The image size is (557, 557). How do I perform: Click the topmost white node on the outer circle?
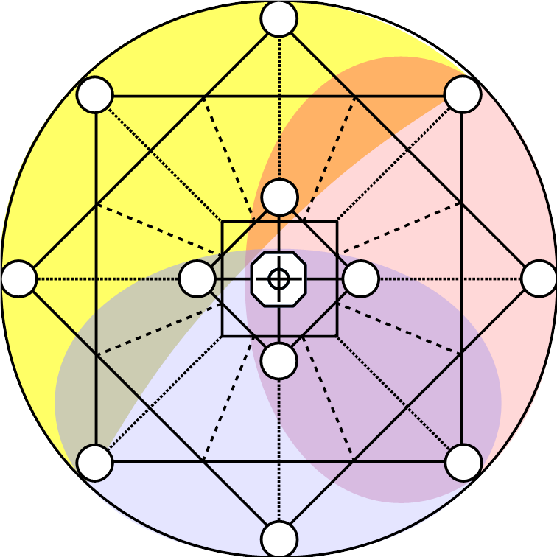tap(279, 18)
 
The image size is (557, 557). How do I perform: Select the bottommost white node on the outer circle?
tap(279, 539)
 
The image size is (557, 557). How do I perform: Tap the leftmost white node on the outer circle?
tap(19, 278)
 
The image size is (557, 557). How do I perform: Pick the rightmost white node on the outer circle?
tap(539, 278)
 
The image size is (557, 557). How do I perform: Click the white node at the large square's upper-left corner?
tap(95, 94)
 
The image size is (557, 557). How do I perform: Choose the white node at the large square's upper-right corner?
tap(463, 94)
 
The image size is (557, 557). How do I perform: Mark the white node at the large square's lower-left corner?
tap(95, 463)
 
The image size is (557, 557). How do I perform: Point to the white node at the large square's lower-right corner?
tap(463, 463)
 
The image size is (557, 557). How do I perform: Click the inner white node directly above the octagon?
tap(279, 197)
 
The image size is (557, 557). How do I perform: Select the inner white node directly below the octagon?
tap(279, 361)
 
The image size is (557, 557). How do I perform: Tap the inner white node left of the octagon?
tap(197, 278)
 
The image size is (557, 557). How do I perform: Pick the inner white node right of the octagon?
tap(361, 278)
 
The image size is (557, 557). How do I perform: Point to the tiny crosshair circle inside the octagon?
tap(278, 278)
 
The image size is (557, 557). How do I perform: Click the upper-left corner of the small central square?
tap(223, 222)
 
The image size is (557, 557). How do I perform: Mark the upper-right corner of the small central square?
tap(337, 222)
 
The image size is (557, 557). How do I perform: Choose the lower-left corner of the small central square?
tap(223, 336)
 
